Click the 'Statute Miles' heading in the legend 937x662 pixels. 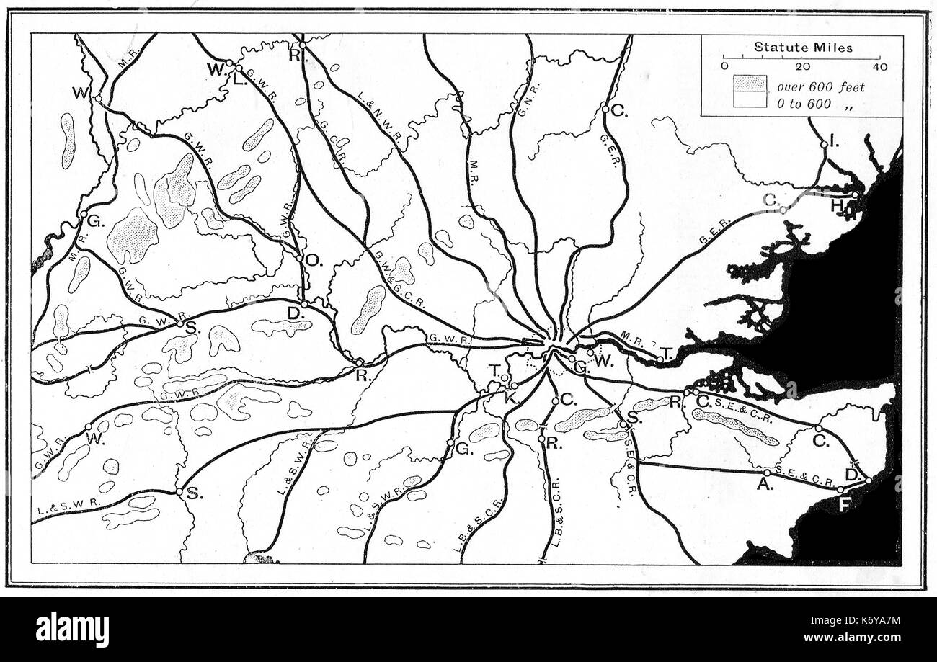(x=803, y=48)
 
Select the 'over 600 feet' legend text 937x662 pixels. (x=820, y=87)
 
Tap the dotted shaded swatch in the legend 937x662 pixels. (x=750, y=84)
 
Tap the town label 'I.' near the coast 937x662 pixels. (x=834, y=143)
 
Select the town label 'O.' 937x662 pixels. (x=312, y=260)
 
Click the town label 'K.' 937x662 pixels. (x=510, y=398)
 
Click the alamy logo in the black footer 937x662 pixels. (x=72, y=629)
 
